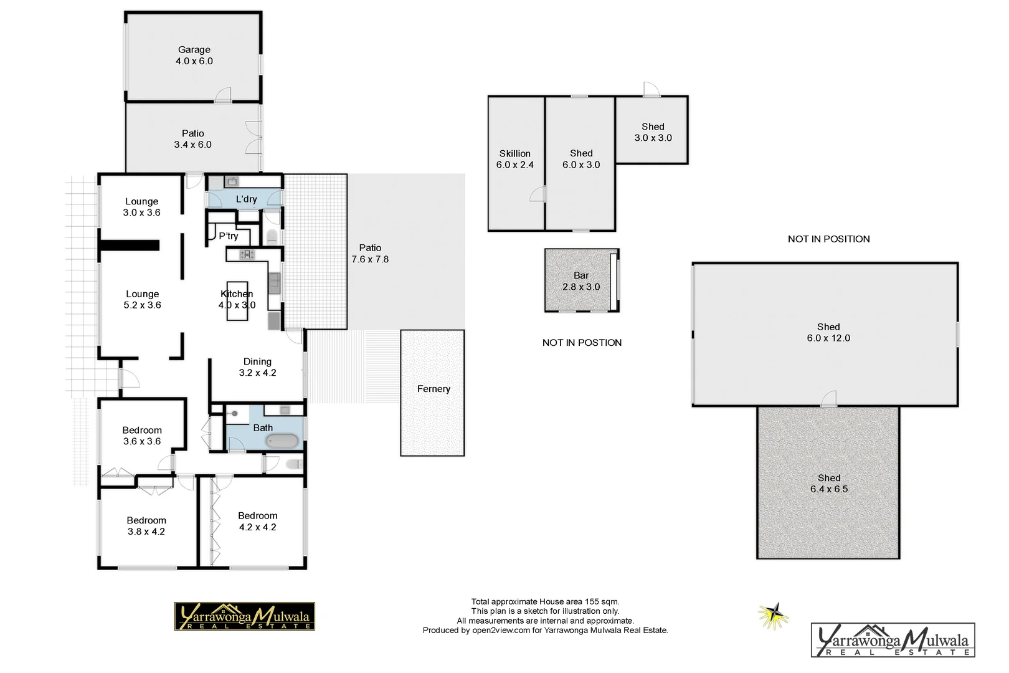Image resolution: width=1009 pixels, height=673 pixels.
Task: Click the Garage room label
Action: coord(194,55)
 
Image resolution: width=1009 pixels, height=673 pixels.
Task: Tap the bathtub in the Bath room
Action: coord(283,441)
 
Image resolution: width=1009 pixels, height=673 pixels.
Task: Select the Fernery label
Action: coord(433,389)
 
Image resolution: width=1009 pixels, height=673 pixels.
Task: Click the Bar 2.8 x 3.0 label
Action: coord(580,281)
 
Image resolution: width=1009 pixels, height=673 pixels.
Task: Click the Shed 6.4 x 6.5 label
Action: coord(828,484)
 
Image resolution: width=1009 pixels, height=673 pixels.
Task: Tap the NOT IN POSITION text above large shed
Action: coord(828,239)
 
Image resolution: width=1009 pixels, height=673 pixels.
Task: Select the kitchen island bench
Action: coord(237,300)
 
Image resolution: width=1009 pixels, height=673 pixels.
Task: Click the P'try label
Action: coord(228,236)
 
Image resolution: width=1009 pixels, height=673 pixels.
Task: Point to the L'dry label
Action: coord(246,199)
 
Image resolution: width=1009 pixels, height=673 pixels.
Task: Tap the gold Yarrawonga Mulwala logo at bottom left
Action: coord(244,616)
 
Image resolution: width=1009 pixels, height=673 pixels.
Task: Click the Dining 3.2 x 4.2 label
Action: coord(257,367)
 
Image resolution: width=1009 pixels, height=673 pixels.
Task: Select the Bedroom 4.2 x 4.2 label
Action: coord(257,521)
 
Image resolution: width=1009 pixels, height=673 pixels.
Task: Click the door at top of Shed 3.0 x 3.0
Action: coord(650,90)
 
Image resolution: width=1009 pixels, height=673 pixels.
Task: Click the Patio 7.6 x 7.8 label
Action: coord(370,254)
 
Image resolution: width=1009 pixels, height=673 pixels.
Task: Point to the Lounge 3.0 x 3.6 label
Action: coord(141,207)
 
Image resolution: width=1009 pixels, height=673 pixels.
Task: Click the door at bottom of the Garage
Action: coord(223,95)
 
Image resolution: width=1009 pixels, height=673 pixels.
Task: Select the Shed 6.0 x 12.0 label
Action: coord(828,332)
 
